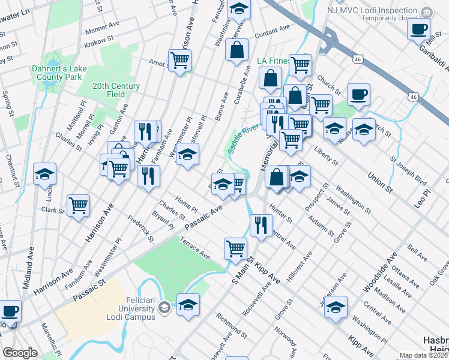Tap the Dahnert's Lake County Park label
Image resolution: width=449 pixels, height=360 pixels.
pyautogui.click(x=59, y=73)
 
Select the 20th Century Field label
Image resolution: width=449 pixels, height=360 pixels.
pyautogui.click(x=116, y=90)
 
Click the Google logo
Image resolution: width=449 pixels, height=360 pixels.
pyautogui.click(x=20, y=353)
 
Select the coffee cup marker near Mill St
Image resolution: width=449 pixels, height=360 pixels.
pyautogui.click(x=418, y=28)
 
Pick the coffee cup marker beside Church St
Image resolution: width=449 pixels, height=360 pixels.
pyautogui.click(x=358, y=94)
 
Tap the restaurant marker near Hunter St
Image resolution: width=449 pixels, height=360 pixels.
pyautogui.click(x=261, y=226)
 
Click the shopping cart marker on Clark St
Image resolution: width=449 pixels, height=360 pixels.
pyautogui.click(x=79, y=206)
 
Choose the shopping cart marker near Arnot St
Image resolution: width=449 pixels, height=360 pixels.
pyautogui.click(x=179, y=60)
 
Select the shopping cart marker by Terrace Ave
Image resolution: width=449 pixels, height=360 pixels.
pyautogui.click(x=236, y=247)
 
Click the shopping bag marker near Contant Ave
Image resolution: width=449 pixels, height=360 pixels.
pyautogui.click(x=237, y=50)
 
